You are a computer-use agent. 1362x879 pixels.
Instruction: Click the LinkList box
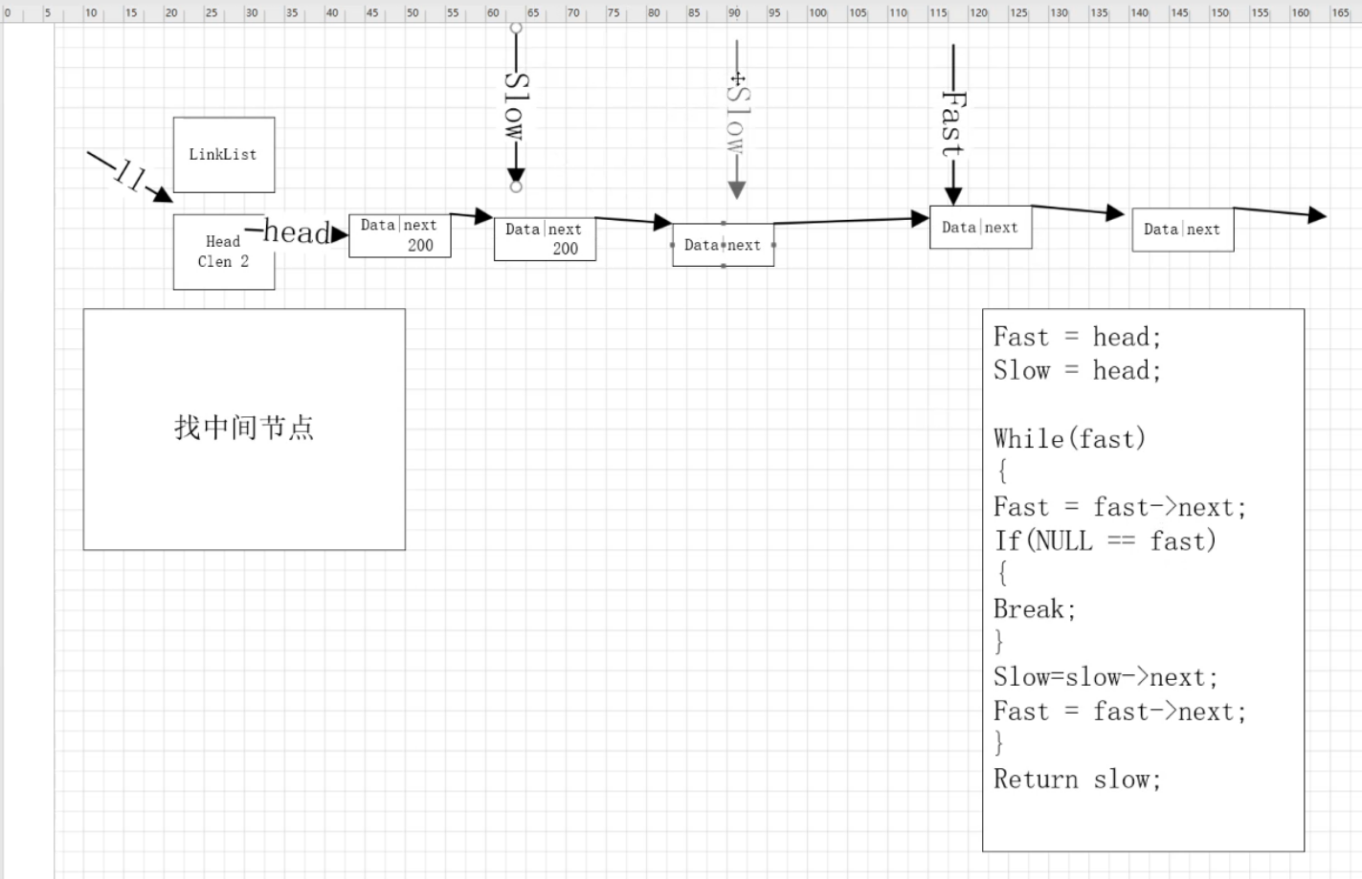click(x=223, y=155)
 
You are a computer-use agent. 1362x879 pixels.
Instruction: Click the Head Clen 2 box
click(x=223, y=252)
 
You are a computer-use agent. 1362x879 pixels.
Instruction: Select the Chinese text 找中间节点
click(x=244, y=428)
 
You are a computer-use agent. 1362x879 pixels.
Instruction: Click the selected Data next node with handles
click(x=723, y=245)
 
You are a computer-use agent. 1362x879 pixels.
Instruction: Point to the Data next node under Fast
click(x=980, y=228)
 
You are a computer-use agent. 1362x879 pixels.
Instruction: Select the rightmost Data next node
click(x=1182, y=230)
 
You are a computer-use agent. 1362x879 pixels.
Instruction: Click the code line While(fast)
click(x=1069, y=439)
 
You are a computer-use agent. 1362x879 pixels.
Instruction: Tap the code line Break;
click(x=1035, y=609)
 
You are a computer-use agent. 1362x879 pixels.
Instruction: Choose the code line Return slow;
click(x=1077, y=780)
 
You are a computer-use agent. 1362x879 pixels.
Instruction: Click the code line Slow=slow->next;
click(x=1105, y=677)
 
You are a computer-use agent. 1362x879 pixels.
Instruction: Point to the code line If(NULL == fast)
click(x=1105, y=541)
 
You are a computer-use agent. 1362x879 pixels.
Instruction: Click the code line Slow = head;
click(x=1077, y=371)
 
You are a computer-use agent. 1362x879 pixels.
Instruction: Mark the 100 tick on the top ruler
click(x=817, y=13)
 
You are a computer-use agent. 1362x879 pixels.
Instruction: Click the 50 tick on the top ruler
click(x=413, y=13)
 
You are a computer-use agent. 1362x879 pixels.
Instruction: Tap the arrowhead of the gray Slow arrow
click(x=737, y=190)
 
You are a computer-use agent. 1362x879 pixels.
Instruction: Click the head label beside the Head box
click(x=297, y=232)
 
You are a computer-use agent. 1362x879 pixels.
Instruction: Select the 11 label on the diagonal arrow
click(x=129, y=175)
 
